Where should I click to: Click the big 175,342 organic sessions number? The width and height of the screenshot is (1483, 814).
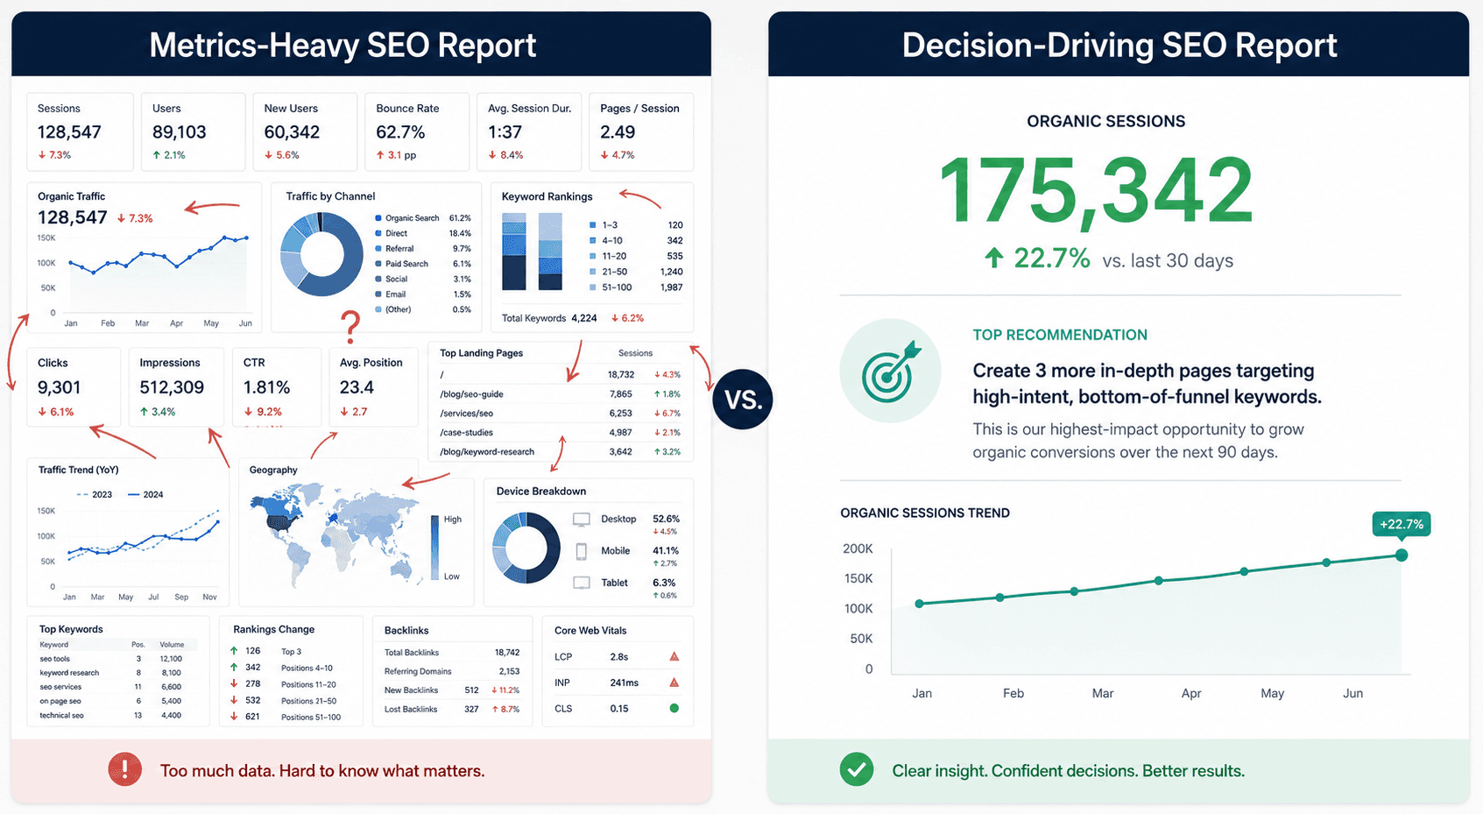point(1096,192)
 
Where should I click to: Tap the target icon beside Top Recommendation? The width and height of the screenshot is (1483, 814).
point(891,371)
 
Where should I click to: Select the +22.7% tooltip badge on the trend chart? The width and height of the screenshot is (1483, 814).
point(1401,525)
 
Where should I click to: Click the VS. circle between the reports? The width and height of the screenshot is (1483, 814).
point(743,400)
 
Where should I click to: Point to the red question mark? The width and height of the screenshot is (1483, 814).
point(350,327)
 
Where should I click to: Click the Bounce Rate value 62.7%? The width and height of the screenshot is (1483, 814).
point(400,132)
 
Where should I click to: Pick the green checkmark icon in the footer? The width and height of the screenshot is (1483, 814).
point(857,769)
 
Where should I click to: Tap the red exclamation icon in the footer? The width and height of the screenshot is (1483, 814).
point(125,769)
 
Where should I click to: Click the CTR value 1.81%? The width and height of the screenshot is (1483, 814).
point(266,387)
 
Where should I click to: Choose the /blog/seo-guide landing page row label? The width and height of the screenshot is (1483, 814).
point(471,394)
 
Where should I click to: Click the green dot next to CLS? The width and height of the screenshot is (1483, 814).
point(674,708)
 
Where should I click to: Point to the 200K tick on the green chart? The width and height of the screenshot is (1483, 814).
point(858,549)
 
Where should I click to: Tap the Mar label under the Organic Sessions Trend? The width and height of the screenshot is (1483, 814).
point(1102,693)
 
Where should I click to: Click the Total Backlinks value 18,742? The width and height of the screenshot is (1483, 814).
point(507,653)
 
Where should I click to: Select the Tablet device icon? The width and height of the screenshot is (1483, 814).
point(582,583)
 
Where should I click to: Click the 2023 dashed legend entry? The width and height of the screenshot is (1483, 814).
point(95,495)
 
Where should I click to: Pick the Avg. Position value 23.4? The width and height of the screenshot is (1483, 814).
point(357,387)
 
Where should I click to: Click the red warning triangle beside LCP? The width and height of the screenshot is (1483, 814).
point(674,656)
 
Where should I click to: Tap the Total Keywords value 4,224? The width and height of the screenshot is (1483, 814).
point(584,318)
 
